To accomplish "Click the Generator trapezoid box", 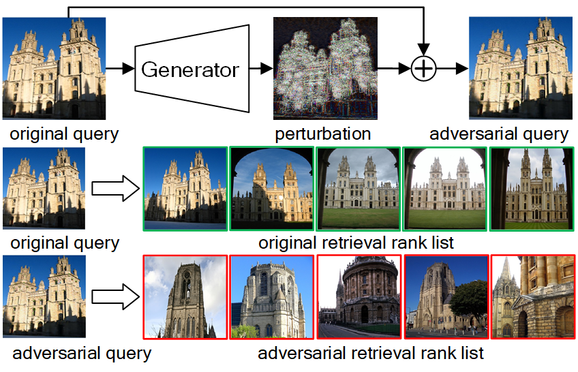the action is [x=192, y=69].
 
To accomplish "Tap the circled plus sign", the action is [x=423, y=69].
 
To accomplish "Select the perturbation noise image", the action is [x=325, y=68].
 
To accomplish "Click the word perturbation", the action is [x=323, y=134].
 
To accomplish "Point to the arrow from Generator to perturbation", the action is [x=261, y=68].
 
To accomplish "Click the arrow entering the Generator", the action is [x=120, y=68].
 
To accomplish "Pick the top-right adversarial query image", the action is [x=521, y=68].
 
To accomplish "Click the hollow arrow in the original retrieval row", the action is [x=115, y=189].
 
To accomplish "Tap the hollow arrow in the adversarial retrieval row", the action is [x=115, y=296].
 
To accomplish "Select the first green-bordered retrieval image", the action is [x=185, y=189].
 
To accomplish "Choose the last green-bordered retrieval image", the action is [x=532, y=189].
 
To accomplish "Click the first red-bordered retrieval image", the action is [x=185, y=296].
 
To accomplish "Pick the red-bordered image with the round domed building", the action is [x=359, y=296].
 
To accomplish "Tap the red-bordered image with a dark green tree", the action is [x=446, y=296].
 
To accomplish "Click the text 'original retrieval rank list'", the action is [x=356, y=243].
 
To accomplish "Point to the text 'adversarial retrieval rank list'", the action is [x=371, y=353].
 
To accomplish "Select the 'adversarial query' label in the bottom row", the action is [x=82, y=354].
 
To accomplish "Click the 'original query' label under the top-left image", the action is [x=64, y=134].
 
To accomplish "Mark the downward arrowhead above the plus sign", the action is [x=423, y=49].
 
